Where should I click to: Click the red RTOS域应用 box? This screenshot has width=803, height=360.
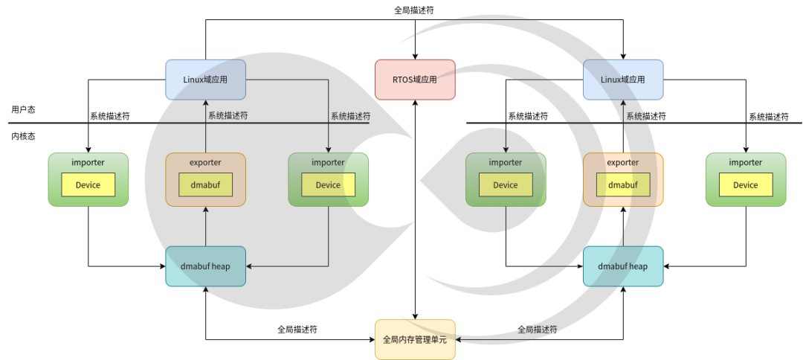point(415,80)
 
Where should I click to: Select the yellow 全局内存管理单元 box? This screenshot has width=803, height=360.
point(415,340)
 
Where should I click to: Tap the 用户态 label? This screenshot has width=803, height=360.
point(23,109)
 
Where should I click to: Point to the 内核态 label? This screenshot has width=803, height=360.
point(23,136)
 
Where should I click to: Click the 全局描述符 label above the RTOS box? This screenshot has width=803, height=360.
point(415,10)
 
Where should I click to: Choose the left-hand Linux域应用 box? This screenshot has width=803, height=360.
point(205,80)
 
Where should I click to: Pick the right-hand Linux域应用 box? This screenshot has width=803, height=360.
point(622,80)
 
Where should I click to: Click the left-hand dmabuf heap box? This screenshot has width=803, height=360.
point(205,266)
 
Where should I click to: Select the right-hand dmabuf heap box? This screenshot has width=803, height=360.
point(622,266)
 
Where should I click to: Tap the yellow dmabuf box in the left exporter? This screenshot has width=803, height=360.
point(205,185)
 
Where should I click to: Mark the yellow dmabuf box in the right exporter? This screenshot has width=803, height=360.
point(622,185)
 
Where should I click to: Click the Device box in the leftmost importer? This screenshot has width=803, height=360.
point(88,185)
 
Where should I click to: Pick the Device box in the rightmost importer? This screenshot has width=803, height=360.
point(745,185)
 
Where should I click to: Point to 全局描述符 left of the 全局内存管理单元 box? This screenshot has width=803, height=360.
point(297,329)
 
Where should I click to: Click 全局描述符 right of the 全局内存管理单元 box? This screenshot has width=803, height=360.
point(537,329)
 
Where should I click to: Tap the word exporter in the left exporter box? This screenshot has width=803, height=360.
point(205,162)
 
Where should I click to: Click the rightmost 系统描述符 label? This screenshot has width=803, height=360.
point(768,117)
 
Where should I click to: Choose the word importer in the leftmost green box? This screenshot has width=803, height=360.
point(88,162)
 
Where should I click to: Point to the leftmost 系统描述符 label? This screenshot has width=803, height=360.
point(110,116)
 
